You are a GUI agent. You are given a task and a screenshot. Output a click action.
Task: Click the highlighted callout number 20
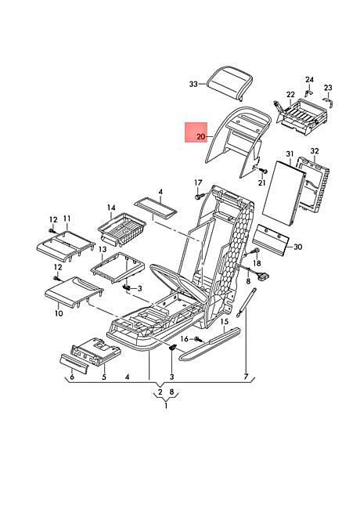click(201, 137)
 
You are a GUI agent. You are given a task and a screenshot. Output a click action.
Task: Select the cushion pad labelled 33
click(230, 83)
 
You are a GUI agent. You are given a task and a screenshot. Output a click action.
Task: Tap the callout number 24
click(309, 80)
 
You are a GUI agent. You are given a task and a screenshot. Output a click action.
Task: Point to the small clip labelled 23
click(329, 102)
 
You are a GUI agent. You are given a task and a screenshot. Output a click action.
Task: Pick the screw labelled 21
click(264, 171)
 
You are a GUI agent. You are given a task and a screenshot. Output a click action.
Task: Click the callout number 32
click(315, 151)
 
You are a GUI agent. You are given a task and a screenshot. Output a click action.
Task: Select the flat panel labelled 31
click(284, 194)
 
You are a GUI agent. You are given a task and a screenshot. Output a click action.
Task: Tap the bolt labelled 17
click(199, 197)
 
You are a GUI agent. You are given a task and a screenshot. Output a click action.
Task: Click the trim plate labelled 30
click(271, 240)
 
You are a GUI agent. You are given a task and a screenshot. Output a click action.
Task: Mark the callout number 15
click(225, 321)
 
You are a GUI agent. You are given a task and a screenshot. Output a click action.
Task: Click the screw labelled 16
click(199, 340)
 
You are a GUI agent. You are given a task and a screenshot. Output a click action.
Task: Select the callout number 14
click(111, 208)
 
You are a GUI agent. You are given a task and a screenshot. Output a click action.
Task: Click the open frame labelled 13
click(117, 266)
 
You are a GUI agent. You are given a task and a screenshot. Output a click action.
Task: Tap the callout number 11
click(67, 218)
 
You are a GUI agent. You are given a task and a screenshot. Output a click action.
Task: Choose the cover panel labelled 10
click(73, 292)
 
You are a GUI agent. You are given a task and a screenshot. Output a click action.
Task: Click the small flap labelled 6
click(74, 364)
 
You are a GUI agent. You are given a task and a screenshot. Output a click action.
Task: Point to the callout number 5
click(104, 377)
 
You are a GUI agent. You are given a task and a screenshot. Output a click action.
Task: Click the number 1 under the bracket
click(166, 406)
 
